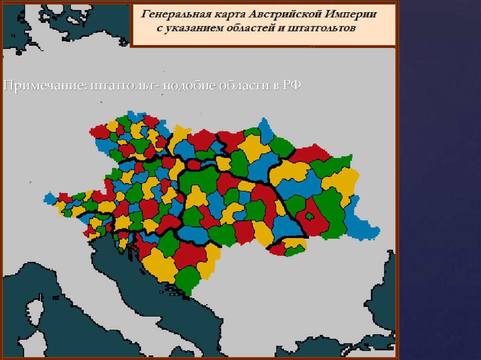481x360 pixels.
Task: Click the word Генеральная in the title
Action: pyautogui.click(x=171, y=15)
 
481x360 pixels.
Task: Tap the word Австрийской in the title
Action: pyautogui.click(x=272, y=15)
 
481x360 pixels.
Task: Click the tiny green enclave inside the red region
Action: pyautogui.click(x=310, y=217)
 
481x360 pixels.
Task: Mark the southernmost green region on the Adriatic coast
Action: pyautogui.click(x=188, y=279)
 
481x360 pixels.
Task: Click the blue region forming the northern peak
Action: pyautogui.click(x=266, y=131)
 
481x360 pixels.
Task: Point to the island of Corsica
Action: pyautogui.click(x=34, y=312)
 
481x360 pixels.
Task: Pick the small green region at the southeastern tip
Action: pyautogui.click(x=295, y=250)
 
